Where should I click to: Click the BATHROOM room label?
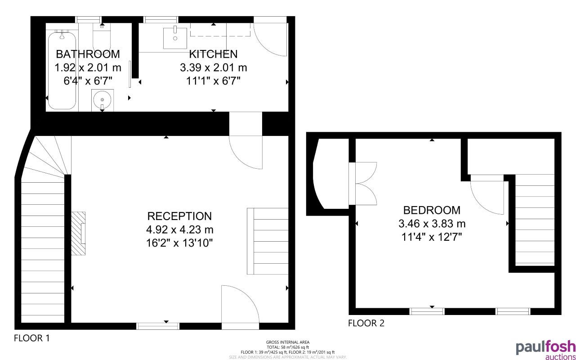[88, 54]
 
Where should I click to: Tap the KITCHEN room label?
[213, 54]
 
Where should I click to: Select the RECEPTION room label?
[179, 216]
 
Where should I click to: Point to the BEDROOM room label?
[432, 210]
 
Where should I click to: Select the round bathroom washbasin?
[103, 99]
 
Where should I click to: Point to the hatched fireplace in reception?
[79, 234]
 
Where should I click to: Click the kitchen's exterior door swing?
[270, 38]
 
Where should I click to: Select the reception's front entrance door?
[240, 305]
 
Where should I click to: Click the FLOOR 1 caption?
[31, 338]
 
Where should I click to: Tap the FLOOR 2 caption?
[366, 323]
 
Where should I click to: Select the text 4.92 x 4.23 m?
[179, 229]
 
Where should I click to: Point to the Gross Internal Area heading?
[288, 342]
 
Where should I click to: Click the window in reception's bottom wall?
[158, 326]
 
